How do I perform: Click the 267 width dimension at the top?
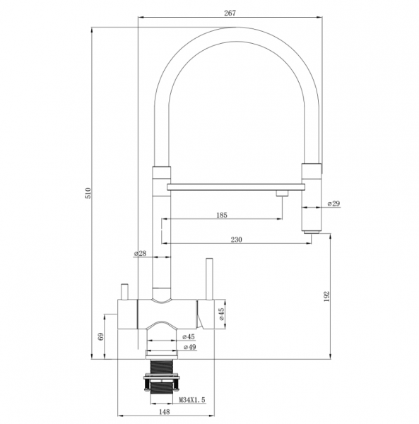point(230,13)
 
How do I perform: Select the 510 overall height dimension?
point(88,193)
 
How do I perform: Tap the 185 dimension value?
point(222,216)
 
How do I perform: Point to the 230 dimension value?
point(237,240)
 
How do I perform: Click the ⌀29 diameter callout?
point(334,204)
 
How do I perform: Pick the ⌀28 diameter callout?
point(140,254)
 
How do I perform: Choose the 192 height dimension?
point(327,297)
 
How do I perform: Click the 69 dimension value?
point(101,337)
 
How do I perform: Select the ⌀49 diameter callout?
point(189,347)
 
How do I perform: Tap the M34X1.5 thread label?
point(192,400)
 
